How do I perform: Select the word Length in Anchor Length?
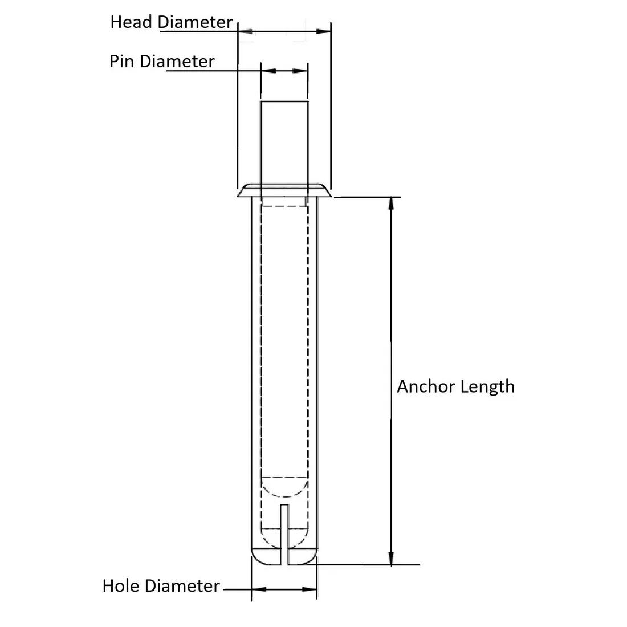487,386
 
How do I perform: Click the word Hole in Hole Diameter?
121,585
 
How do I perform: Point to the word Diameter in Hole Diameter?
182,585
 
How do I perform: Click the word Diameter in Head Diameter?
196,22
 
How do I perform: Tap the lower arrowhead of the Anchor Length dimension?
390,559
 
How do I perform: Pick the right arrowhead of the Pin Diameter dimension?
300,71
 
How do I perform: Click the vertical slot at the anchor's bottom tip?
284,536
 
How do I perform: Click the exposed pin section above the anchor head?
284,142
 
